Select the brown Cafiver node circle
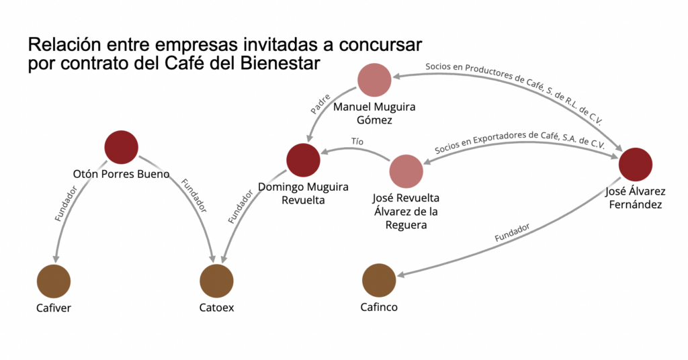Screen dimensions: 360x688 pyautogui.click(x=54, y=281)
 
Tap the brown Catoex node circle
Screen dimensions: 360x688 pyautogui.click(x=217, y=281)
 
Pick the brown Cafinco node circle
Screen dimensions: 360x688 pyautogui.click(x=379, y=281)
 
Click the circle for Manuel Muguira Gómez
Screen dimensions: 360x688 pyautogui.click(x=375, y=81)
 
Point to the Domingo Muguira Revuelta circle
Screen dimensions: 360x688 pyautogui.click(x=303, y=161)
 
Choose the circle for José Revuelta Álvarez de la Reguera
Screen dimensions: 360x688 pyautogui.click(x=406, y=171)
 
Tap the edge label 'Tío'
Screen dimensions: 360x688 pyautogui.click(x=357, y=142)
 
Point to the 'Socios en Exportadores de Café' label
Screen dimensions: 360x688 pyautogui.click(x=519, y=141)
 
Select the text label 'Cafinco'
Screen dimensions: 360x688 pyautogui.click(x=380, y=308)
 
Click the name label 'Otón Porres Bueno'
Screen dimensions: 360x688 pyautogui.click(x=121, y=174)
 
